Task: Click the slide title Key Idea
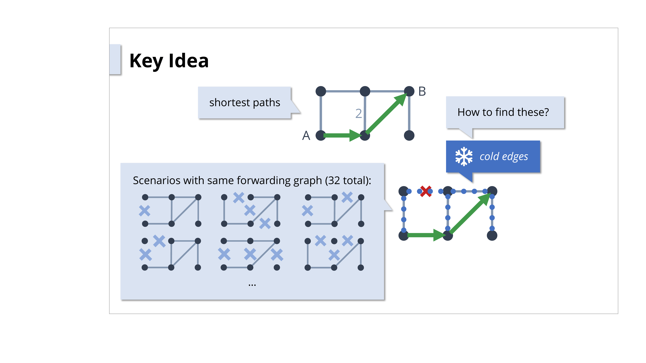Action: [x=169, y=61]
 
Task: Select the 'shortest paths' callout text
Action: [x=245, y=102]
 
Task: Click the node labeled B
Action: [x=409, y=91]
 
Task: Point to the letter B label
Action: [x=422, y=91]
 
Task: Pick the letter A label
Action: [x=306, y=136]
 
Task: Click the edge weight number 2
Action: [x=358, y=113]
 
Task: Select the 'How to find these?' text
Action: [x=503, y=112]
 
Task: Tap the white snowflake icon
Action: [x=464, y=156]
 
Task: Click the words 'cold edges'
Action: [x=504, y=156]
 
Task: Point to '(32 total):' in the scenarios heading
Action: [x=348, y=180]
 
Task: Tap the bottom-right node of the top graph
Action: [x=409, y=136]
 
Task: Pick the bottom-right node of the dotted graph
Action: [x=492, y=236]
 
